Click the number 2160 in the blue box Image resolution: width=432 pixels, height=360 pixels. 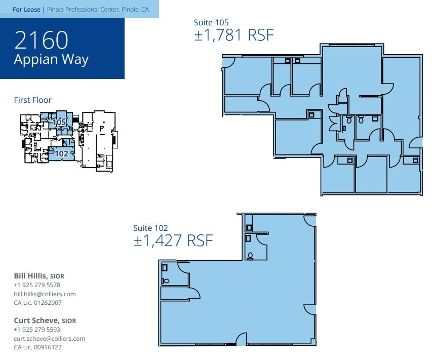pos(41,39)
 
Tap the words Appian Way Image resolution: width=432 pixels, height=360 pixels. pos(51,59)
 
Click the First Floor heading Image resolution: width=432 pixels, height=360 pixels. pos(32,100)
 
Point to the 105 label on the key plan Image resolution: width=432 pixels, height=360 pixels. pos(59,122)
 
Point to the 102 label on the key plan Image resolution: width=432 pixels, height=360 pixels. pos(61,153)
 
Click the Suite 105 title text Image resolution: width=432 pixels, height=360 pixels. pos(211,22)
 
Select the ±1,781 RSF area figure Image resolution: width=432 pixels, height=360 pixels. pos(233,35)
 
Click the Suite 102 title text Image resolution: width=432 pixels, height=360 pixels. pos(150,228)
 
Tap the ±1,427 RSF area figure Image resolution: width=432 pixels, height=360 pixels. pos(173,241)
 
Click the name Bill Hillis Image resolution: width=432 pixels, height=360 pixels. pos(30,276)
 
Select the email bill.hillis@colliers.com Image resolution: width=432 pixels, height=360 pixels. pos(45,294)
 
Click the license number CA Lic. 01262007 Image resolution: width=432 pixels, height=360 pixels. pos(37,303)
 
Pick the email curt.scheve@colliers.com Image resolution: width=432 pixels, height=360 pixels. pos(49,338)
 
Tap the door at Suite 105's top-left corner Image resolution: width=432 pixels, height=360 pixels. pos(227,62)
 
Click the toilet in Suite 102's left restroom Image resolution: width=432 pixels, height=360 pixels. pos(165,280)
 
